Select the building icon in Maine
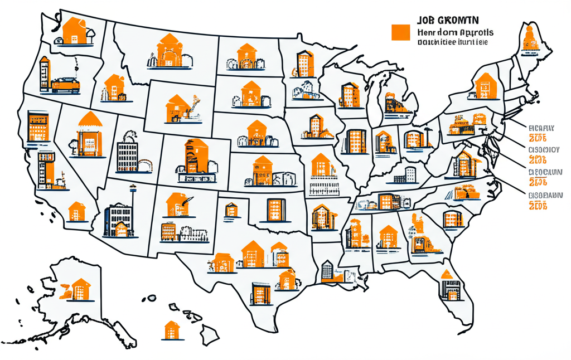coord(528,40)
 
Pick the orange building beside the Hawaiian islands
coord(170,330)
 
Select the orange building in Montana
coord(168,49)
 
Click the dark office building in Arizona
coord(118,218)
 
